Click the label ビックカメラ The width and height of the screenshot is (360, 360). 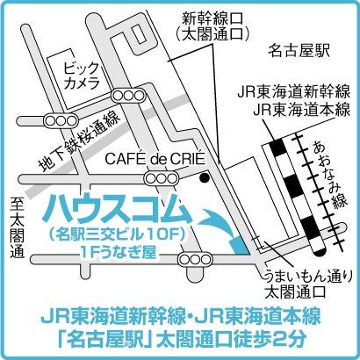pos(82,76)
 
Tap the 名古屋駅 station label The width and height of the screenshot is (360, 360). pos(299,50)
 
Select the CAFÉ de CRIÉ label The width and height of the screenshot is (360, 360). pos(155,160)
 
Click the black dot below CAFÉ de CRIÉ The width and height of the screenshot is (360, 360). pos(204,177)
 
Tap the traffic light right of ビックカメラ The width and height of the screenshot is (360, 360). pos(128,96)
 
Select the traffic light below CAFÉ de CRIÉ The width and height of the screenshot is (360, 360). pos(162,178)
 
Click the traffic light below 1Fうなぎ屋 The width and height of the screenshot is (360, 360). pos(196,260)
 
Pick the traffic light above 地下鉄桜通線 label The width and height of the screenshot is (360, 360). pos(61,120)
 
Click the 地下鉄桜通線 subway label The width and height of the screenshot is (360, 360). pos(80,142)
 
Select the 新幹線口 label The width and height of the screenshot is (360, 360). pos(212,20)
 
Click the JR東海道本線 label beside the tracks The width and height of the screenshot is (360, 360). pos(301,112)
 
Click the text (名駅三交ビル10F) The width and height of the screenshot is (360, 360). pos(117,235)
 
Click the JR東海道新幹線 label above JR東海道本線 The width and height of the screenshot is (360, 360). pos(293,92)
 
